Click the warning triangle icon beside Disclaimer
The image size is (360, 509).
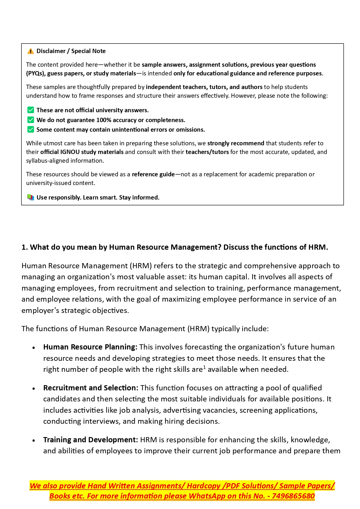[x=30, y=51]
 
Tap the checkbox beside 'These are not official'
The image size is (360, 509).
[x=30, y=110]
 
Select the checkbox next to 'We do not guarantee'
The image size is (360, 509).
[x=30, y=120]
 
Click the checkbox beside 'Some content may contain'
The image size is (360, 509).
[x=30, y=129]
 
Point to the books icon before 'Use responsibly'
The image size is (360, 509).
[x=30, y=198]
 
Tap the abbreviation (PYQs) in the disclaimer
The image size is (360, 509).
[x=35, y=73]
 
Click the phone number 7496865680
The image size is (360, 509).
[x=293, y=496]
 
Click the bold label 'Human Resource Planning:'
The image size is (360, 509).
[x=90, y=347]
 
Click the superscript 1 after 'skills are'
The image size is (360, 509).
[x=205, y=367]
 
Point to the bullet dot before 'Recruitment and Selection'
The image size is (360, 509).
[x=34, y=388]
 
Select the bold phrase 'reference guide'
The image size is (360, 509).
[x=153, y=174]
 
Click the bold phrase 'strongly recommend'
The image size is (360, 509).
[x=236, y=143]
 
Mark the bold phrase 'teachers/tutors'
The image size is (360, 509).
[x=207, y=152]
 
